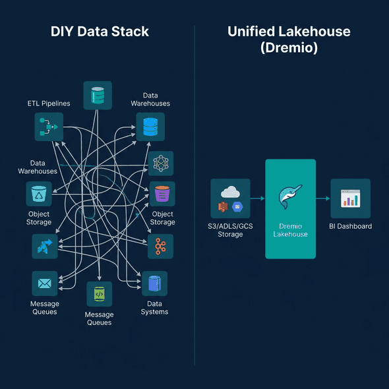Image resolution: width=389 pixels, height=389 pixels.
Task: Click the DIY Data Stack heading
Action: (100, 31)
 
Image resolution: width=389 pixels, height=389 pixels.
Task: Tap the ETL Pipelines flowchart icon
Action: (49, 127)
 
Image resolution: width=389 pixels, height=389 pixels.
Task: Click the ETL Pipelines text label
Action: (49, 104)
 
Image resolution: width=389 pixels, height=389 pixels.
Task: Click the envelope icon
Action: (45, 284)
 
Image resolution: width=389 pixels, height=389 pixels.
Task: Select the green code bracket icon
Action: (99, 295)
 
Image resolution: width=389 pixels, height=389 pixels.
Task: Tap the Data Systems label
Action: (154, 308)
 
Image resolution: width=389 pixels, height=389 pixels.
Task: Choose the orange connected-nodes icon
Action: (160, 246)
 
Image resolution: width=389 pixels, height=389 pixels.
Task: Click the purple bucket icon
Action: (162, 194)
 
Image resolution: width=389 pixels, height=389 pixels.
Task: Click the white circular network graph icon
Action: (160, 163)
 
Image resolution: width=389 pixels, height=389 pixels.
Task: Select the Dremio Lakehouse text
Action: (290, 230)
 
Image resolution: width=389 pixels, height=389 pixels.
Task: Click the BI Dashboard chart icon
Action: (350, 198)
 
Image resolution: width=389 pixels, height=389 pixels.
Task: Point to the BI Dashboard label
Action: (350, 226)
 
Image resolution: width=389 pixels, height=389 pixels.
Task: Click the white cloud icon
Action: (230, 191)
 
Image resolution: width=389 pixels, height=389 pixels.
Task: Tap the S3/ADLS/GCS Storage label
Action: (230, 230)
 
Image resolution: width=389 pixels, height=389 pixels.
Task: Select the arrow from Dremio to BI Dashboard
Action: (322, 198)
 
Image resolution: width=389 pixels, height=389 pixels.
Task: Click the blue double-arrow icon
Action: (45, 247)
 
